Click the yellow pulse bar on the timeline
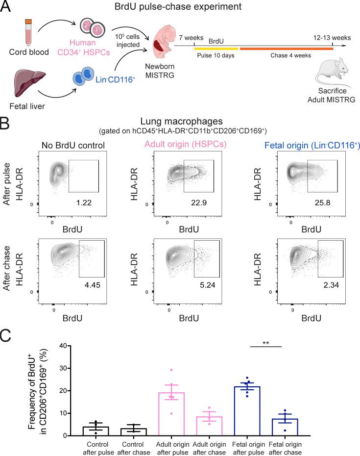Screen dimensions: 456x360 click(x=216, y=49)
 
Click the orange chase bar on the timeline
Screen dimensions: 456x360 click(x=286, y=49)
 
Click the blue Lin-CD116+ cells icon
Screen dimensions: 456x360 click(x=81, y=78)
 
